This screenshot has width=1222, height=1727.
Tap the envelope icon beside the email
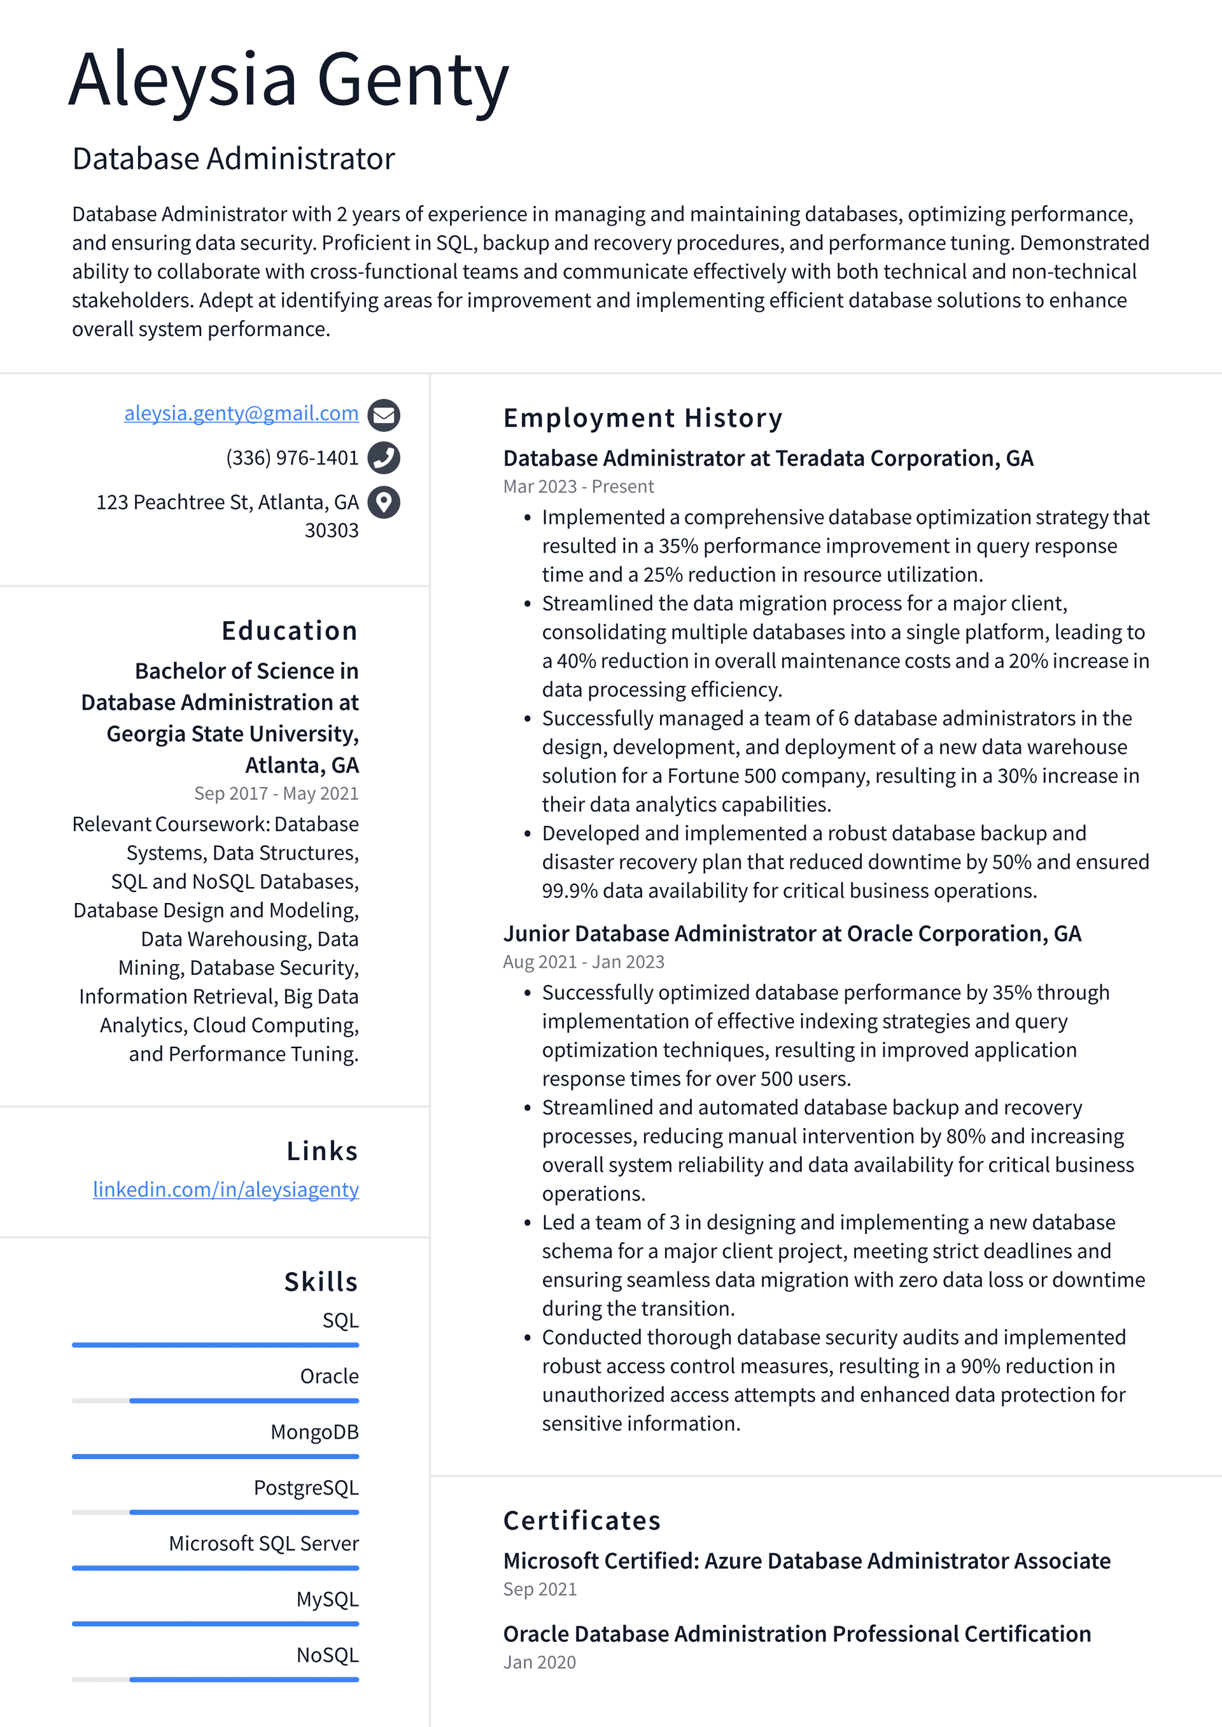(384, 414)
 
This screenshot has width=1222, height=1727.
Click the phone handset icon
(384, 458)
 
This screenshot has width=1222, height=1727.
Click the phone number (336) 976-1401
(292, 458)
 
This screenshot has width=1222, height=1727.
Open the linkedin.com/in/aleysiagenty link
(226, 1189)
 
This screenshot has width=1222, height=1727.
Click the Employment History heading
(643, 417)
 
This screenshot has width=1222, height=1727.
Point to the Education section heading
(290, 631)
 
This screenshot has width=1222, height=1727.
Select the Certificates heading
(582, 1520)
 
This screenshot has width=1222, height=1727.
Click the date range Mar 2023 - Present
(578, 487)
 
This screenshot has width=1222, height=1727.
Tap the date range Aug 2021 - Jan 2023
(583, 962)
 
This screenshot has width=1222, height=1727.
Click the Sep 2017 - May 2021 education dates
(276, 794)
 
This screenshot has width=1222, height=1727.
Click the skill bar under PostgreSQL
(215, 1512)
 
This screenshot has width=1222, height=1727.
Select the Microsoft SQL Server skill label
(264, 1544)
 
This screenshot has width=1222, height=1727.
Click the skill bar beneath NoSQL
(215, 1679)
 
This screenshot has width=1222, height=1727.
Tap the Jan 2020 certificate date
(539, 1662)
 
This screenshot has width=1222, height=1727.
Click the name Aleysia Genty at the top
(289, 80)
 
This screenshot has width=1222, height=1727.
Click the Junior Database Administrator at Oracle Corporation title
(792, 933)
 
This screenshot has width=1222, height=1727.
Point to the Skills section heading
(321, 1282)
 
